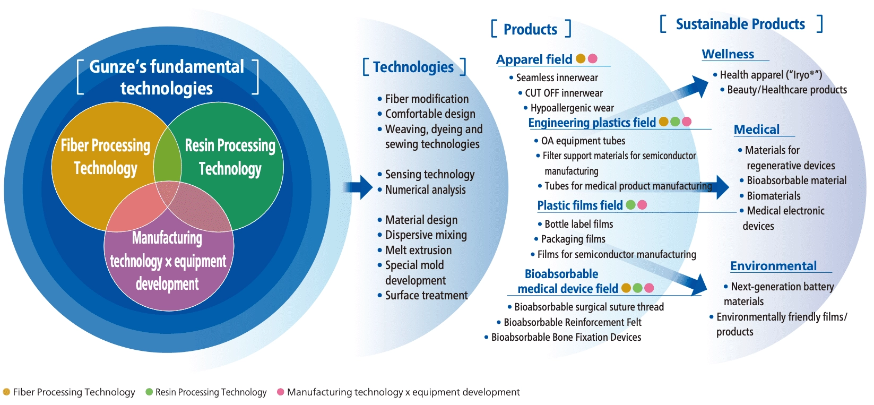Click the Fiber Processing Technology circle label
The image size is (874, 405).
pyautogui.click(x=106, y=157)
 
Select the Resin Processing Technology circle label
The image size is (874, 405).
pyautogui.click(x=230, y=157)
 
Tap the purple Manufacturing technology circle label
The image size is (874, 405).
pyautogui.click(x=168, y=261)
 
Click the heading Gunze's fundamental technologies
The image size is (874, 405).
pyautogui.click(x=167, y=77)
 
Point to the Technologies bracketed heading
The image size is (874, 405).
pyautogui.click(x=413, y=67)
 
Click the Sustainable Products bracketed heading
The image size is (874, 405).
pyautogui.click(x=740, y=24)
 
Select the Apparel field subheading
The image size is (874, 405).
pyautogui.click(x=534, y=59)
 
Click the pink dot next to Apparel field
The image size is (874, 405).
pyautogui.click(x=593, y=58)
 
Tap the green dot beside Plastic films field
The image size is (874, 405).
pyautogui.click(x=630, y=205)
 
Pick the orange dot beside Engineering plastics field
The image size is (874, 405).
pyautogui.click(x=663, y=122)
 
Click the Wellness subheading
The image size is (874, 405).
pyautogui.click(x=728, y=54)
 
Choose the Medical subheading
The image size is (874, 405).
pyautogui.click(x=757, y=130)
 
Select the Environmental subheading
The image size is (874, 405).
pyautogui.click(x=774, y=266)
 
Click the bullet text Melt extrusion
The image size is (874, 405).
pyautogui.click(x=418, y=250)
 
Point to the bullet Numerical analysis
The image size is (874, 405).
pyautogui.click(x=425, y=189)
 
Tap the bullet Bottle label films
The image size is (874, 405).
pyautogui.click(x=578, y=224)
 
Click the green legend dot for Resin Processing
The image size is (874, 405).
pyautogui.click(x=149, y=392)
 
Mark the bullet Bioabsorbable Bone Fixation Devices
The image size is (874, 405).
pyautogui.click(x=566, y=337)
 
